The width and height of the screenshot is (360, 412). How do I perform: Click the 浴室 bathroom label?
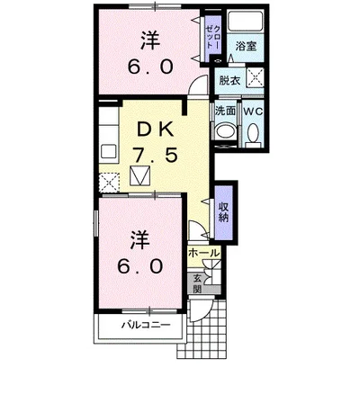coord(246,47)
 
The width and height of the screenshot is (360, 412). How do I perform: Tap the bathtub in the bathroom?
coord(245,21)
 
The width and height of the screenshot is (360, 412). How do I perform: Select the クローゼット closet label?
coord(213,37)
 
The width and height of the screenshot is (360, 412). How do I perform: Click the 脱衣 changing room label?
coord(229,80)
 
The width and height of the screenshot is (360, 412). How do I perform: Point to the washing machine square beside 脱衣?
coord(256,77)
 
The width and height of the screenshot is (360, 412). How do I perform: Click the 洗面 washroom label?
coord(225,111)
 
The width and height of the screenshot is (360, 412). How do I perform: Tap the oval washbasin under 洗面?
coord(225,131)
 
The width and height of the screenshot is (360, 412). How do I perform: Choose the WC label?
coord(253,112)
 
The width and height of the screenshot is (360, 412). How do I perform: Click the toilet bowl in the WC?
coord(254,133)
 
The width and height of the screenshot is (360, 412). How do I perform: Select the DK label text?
coord(156,130)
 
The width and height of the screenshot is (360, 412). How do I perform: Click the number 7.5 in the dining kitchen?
coord(156,156)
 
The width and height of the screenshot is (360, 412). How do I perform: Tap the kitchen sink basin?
coord(108,151)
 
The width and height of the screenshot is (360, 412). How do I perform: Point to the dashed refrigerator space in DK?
coord(109,183)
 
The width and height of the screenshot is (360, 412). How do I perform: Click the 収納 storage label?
coord(223,212)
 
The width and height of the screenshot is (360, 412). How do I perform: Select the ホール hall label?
coord(204,254)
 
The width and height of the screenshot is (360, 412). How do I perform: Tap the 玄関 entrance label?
coord(197,284)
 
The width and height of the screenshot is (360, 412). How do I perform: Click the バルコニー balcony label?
coord(146,325)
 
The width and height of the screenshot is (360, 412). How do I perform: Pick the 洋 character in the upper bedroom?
coord(150,40)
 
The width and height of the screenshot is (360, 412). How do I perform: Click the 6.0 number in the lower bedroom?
coord(140,266)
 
